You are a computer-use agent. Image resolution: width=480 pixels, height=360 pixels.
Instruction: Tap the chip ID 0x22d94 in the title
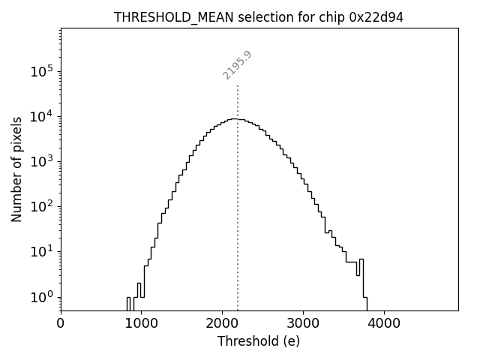coord(376,17)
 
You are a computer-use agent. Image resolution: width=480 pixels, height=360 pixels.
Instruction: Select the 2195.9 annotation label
coord(237,65)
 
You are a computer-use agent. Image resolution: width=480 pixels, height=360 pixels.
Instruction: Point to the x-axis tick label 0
coord(61,324)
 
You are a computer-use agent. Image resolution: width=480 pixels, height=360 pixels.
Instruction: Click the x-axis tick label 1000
coord(141,324)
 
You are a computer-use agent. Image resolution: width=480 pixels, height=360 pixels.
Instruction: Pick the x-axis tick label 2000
coord(222,324)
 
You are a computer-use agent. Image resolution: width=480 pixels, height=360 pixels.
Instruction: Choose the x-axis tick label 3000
coord(303,324)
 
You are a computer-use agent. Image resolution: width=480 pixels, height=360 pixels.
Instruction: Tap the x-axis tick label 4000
coord(384,324)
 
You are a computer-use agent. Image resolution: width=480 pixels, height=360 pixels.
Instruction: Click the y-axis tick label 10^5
coord(42,71)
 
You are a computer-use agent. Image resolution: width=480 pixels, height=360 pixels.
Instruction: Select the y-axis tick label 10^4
coord(42,116)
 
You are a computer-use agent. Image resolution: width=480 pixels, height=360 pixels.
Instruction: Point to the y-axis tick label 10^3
coord(42,161)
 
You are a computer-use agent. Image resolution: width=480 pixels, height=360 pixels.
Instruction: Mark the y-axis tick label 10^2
coord(42,206)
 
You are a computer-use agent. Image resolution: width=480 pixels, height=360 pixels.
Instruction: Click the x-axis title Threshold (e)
coord(259,341)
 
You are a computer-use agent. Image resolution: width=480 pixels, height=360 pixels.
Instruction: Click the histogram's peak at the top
coord(235,118)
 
